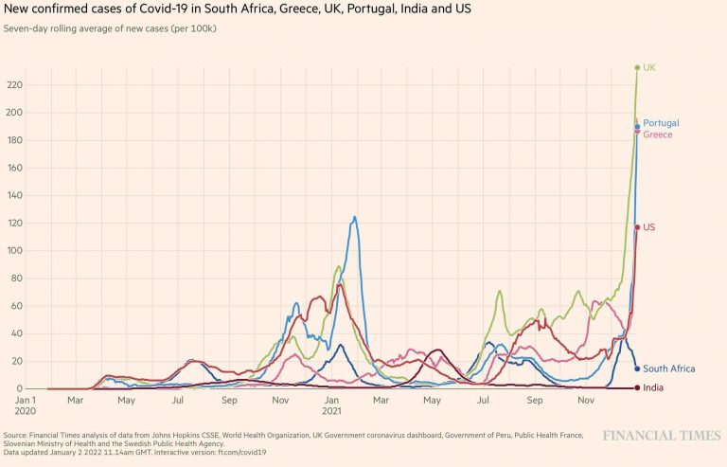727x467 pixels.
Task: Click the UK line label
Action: click(x=649, y=67)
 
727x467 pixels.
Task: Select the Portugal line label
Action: click(x=661, y=123)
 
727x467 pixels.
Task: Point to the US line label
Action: click(x=649, y=227)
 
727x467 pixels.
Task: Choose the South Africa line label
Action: click(x=668, y=368)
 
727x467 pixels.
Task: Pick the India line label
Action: click(x=652, y=387)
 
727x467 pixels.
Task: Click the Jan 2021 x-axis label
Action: click(x=331, y=405)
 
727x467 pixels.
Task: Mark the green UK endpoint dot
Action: click(x=637, y=67)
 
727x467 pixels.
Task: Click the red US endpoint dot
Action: click(x=637, y=227)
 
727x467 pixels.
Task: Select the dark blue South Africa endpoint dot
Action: click(x=637, y=368)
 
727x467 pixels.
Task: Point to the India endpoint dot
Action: click(x=637, y=387)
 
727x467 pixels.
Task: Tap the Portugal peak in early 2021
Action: click(x=355, y=217)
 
